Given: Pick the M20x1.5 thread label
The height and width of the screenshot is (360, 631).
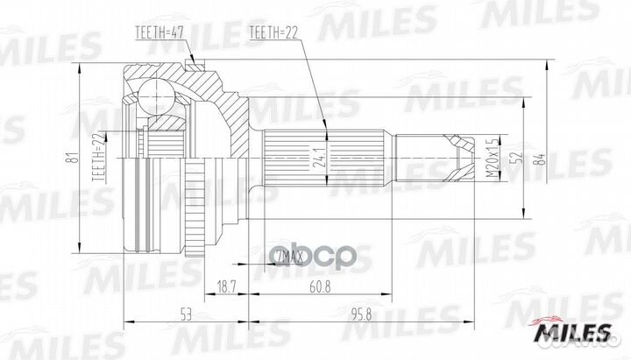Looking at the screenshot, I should (493, 157).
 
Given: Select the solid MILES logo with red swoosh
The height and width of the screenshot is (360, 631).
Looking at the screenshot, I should (576, 330).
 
